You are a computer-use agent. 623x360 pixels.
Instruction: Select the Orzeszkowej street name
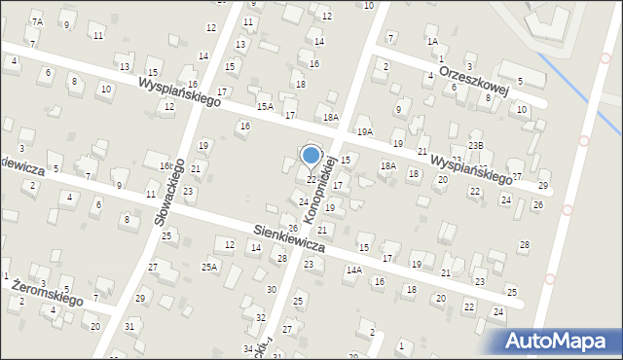(475, 79)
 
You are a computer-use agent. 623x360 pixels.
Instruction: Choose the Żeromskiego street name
(48, 294)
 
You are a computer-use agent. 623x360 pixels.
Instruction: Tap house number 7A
(37, 21)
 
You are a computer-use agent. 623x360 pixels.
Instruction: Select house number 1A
(432, 42)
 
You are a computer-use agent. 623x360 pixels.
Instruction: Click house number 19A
(365, 131)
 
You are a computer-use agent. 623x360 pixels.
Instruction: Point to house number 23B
(475, 145)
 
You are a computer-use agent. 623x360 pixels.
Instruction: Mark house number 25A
(209, 266)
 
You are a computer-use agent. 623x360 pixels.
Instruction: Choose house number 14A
(354, 270)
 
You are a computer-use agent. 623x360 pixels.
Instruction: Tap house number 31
(130, 326)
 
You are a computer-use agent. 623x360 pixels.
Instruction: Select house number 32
(260, 318)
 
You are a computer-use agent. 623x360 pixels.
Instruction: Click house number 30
(272, 290)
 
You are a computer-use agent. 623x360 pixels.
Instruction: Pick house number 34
(249, 348)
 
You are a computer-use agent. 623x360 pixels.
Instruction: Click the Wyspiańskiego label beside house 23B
(472, 168)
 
